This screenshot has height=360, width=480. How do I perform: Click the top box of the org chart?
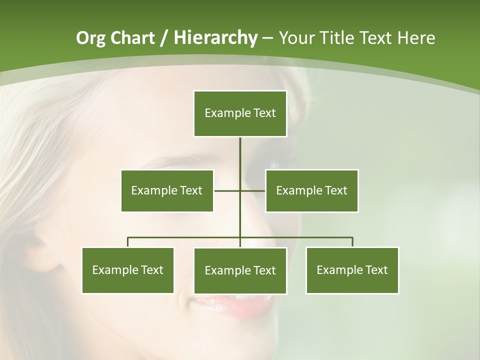point(240,113)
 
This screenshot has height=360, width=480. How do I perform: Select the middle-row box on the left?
point(167,190)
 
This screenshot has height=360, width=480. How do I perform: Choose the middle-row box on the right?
point(311,190)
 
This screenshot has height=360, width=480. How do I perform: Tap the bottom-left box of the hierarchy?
point(127,270)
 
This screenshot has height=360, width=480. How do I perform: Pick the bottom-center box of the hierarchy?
point(240,270)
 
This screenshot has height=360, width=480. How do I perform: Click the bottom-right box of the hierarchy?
point(352,270)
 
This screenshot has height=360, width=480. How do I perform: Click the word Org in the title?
point(90,38)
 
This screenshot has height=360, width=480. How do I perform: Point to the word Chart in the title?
point(132,38)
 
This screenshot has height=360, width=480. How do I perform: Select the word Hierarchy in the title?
point(215,38)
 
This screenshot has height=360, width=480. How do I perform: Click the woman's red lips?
point(225,306)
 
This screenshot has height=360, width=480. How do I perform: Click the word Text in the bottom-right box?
point(376,270)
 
